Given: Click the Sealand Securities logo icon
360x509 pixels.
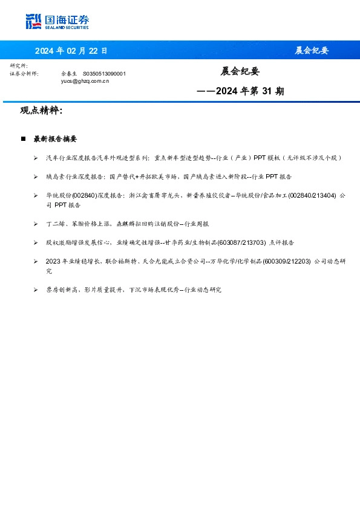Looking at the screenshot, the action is click(x=34, y=22).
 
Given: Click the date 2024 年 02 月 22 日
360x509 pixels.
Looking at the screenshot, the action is click(x=71, y=50).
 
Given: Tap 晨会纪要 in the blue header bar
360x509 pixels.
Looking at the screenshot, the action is click(x=312, y=50).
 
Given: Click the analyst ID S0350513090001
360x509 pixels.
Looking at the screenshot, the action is click(x=104, y=74).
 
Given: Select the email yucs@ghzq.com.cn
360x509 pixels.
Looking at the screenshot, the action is click(x=85, y=80).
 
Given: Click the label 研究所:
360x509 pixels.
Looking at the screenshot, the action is click(x=19, y=65).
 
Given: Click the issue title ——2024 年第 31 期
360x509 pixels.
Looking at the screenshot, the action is click(x=241, y=91).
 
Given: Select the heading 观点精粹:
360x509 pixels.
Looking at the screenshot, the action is click(x=41, y=111).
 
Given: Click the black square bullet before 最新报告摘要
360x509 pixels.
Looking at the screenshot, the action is click(x=23, y=139).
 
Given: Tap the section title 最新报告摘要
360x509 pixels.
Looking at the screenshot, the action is click(x=55, y=139).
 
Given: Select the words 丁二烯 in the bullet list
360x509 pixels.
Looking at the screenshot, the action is click(x=55, y=224).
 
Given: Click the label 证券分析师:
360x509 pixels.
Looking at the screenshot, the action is click(x=24, y=74).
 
